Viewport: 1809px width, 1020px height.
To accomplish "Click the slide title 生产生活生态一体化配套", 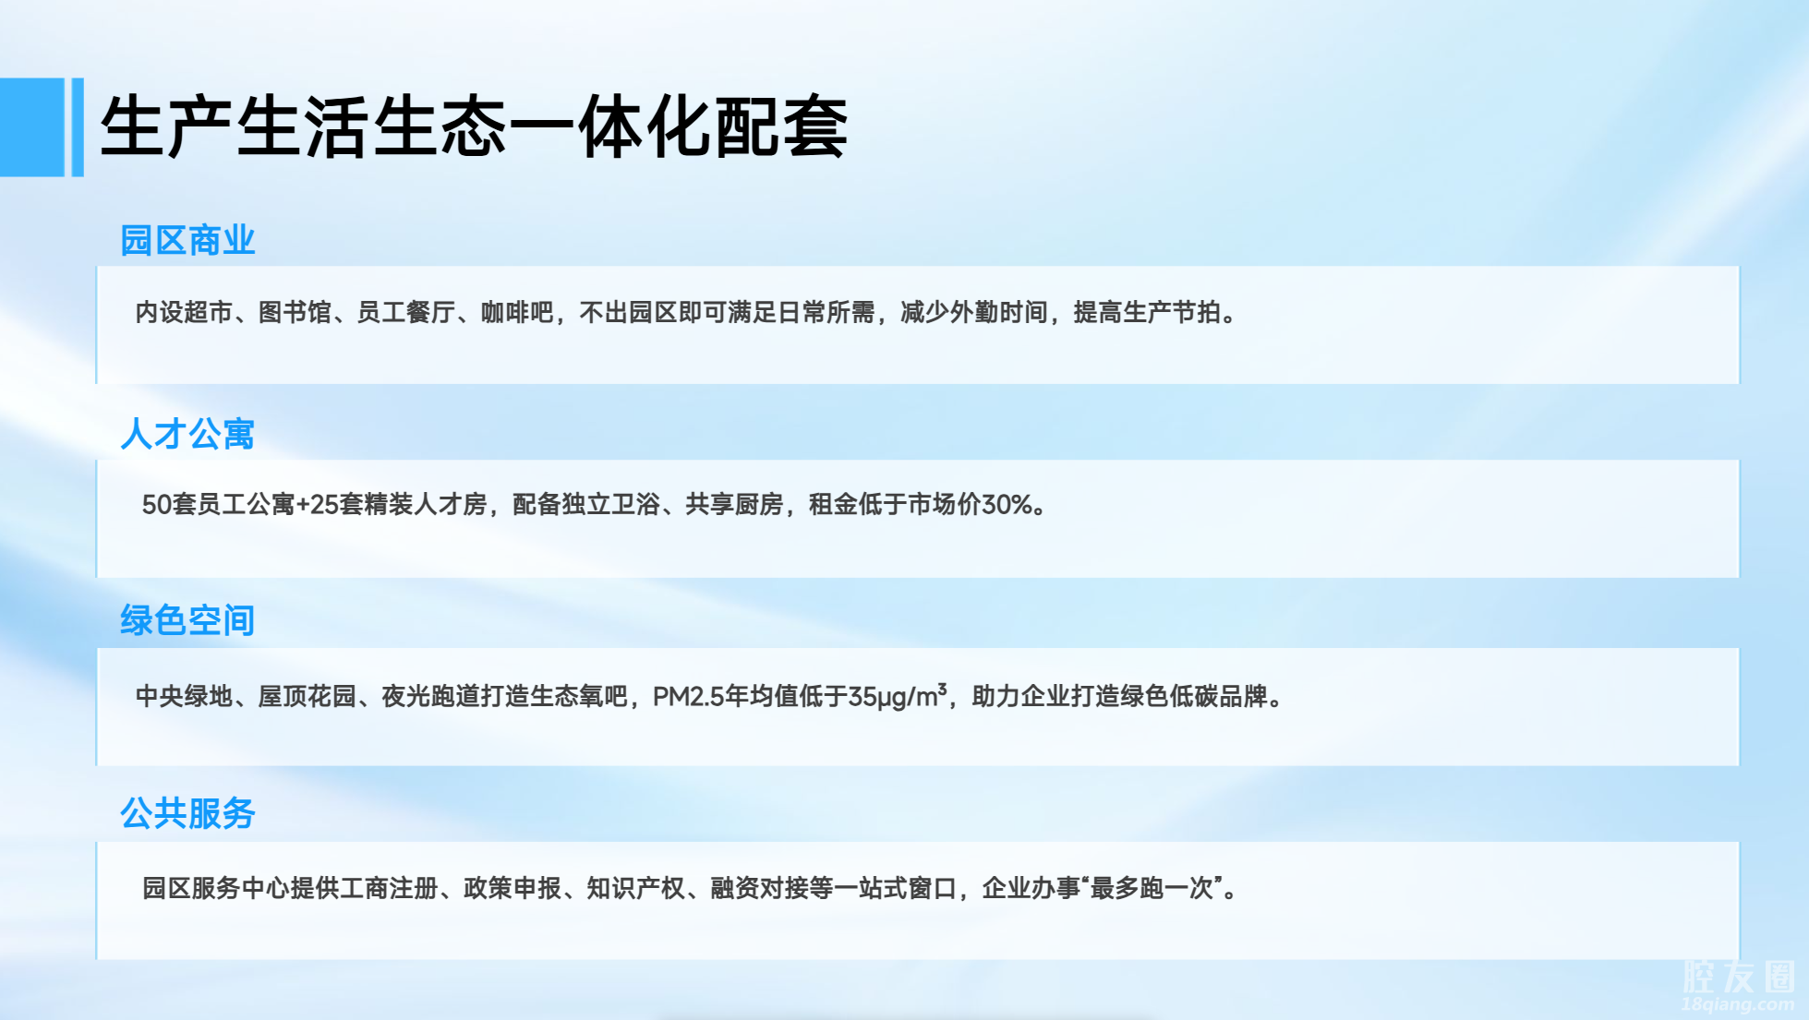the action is coord(474,126).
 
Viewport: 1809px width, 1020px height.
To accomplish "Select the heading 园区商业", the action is coord(187,240).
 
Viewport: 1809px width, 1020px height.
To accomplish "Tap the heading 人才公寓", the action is coord(187,434).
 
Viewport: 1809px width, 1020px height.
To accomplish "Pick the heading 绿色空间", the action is coord(187,620).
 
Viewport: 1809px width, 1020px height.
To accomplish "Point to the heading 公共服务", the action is coord(187,813).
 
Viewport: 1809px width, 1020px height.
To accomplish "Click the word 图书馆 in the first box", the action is coord(295,313).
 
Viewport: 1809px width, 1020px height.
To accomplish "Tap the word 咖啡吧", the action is coord(517,313).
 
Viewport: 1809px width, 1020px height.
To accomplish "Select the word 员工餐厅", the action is coord(406,313).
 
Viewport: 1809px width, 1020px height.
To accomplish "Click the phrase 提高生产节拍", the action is coord(1147,313).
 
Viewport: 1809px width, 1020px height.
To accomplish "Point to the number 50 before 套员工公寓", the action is coord(156,504).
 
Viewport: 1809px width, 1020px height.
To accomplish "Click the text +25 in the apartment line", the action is coord(318,504).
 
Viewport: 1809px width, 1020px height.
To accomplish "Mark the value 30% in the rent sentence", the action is coord(1007,504).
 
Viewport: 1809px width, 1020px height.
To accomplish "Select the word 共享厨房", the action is coord(734,504).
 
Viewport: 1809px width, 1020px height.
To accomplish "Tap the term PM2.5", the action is coord(688,696).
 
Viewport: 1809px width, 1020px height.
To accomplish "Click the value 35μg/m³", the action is coord(898,695).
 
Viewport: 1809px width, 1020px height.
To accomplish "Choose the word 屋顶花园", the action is coord(308,696).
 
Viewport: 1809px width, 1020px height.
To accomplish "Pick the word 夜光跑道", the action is coord(431,696).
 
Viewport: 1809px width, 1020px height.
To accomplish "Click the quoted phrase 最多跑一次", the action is coord(1152,888).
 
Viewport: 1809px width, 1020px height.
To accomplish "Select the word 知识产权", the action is coord(636,888).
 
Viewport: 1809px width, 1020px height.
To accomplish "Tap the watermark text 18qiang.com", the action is coord(1738,1004).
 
